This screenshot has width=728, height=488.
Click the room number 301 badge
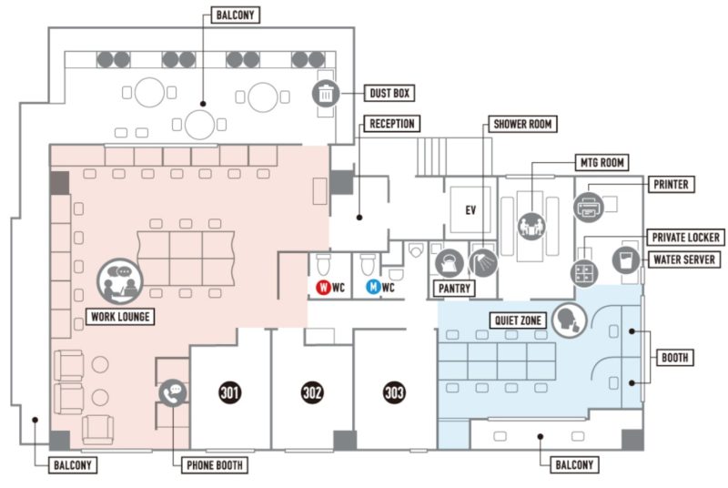click(229, 392)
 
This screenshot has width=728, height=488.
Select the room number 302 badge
click(312, 392)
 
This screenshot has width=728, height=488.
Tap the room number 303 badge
click(394, 392)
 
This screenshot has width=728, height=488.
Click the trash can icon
click(326, 94)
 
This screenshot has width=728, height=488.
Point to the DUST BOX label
click(389, 94)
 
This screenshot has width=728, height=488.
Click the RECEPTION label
click(392, 124)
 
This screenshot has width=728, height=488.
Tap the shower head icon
click(483, 263)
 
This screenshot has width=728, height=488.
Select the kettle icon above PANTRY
click(450, 263)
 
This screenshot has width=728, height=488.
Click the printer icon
click(588, 207)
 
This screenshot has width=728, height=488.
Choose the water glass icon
click(626, 259)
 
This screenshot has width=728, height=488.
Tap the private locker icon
click(584, 273)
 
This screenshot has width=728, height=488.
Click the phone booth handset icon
click(173, 393)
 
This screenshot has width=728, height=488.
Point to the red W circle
click(323, 288)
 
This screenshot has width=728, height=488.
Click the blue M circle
click(373, 288)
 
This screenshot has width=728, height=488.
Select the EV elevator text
click(470, 210)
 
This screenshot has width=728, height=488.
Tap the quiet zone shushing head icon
click(570, 320)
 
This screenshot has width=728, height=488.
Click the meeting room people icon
click(531, 226)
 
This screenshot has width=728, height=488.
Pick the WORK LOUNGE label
click(120, 317)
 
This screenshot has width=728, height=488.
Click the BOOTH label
click(674, 358)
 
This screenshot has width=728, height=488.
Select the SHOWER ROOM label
click(522, 124)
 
